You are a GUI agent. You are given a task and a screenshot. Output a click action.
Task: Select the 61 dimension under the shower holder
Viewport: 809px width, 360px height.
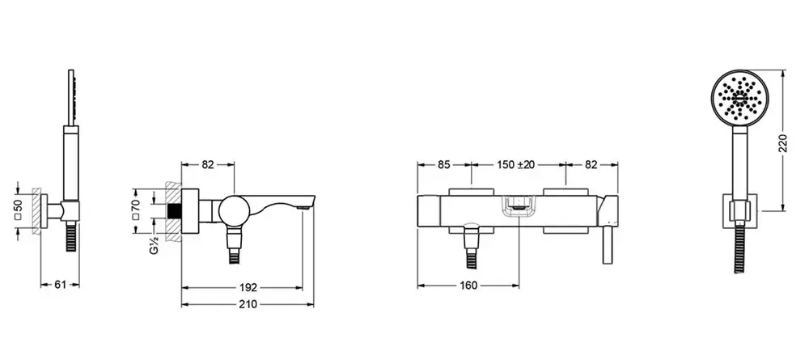point(60,284)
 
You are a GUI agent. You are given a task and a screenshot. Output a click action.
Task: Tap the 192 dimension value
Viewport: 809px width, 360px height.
point(248,288)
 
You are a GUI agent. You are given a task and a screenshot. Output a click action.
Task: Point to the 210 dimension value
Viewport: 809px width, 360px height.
point(248,304)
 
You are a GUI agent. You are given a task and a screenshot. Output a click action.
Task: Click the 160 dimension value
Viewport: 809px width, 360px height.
point(468,286)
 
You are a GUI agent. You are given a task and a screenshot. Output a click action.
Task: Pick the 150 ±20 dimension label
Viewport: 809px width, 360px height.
point(516,164)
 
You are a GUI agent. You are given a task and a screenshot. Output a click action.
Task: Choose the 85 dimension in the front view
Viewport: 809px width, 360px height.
point(443,164)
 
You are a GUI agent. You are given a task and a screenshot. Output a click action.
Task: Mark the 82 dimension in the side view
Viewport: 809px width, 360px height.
point(207,164)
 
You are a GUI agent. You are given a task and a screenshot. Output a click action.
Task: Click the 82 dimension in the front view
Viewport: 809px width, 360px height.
point(591,164)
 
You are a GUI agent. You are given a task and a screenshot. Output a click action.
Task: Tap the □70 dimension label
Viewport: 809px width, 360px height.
point(136,210)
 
